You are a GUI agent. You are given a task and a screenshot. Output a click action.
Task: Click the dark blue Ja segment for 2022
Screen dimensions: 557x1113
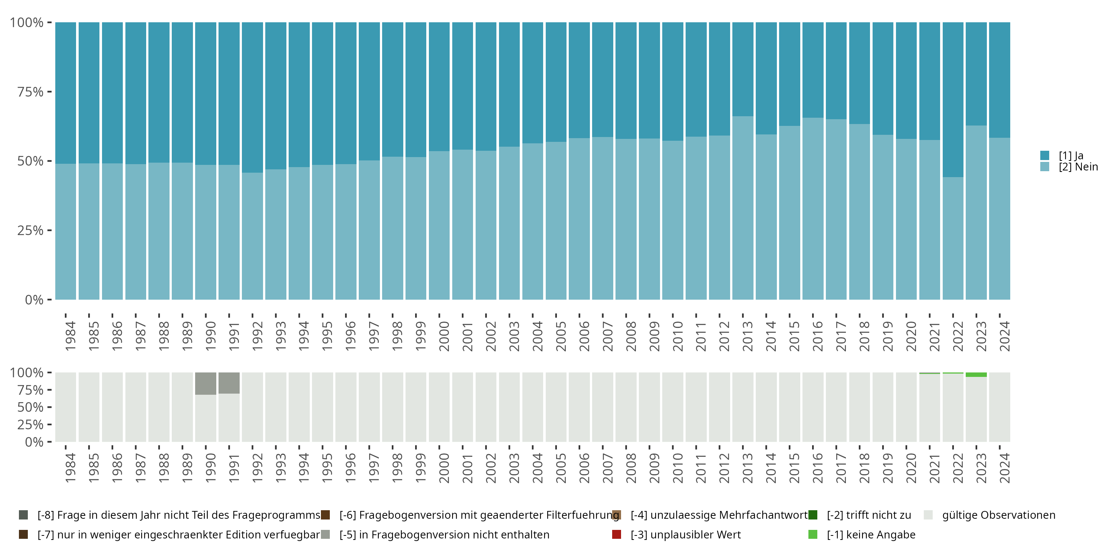tap(953, 100)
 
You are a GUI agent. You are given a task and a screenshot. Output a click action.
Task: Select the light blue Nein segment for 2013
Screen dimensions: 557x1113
tap(743, 208)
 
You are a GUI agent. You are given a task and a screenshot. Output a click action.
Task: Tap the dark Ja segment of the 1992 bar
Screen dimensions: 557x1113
tap(252, 97)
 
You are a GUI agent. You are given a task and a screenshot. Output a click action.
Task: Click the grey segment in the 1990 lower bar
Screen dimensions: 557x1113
tap(206, 383)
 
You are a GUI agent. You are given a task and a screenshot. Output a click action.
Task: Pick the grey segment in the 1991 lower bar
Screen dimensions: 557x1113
tap(229, 383)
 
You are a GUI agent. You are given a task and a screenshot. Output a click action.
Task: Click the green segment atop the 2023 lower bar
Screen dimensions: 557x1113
tap(976, 375)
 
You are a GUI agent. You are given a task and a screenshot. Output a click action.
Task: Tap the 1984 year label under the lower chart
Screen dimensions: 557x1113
tap(70, 468)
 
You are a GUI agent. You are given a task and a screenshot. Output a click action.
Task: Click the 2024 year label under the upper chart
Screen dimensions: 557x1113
tap(1005, 336)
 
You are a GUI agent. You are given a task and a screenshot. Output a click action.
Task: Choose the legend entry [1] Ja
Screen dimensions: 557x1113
tap(1071, 156)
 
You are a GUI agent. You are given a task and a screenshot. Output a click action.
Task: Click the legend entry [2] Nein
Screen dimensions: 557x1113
tap(1078, 167)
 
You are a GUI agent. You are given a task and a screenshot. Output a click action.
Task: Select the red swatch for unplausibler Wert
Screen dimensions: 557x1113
tap(617, 534)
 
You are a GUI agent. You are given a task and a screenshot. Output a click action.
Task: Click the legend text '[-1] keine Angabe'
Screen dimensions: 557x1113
tap(871, 534)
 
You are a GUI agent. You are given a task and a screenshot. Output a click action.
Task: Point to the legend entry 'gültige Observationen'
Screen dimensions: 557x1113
tap(998, 515)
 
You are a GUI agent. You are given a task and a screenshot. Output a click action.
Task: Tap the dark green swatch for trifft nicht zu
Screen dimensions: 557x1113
tap(813, 515)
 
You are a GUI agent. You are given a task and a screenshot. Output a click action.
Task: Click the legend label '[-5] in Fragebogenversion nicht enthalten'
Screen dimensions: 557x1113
tap(444, 534)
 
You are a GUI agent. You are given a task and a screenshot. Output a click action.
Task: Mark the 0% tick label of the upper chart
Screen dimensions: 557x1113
tap(34, 300)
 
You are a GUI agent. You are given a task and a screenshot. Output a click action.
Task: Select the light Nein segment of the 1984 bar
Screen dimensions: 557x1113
tap(66, 231)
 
